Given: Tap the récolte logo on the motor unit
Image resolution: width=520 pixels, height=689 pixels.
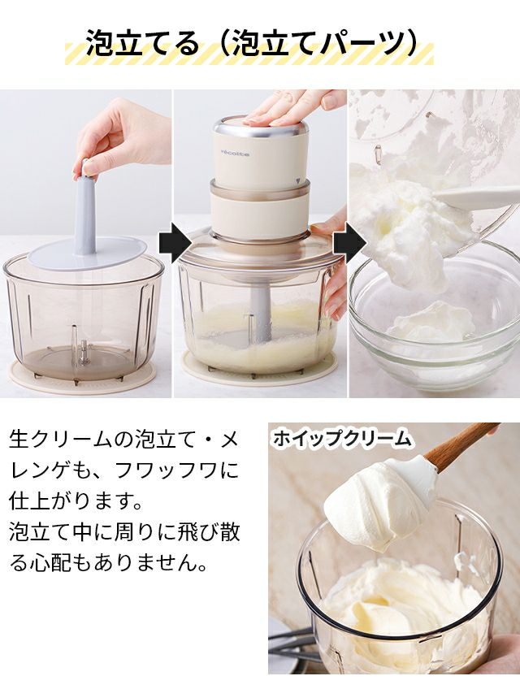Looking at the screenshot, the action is coord(235,153).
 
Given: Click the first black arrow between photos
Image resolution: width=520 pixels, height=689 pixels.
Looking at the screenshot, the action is coord(175,242).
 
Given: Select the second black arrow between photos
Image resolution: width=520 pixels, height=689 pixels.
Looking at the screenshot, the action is coord(349,242).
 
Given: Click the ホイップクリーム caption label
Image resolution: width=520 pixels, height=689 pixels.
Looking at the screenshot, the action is coord(341,438).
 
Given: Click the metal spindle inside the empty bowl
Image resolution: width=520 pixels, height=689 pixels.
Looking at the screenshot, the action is coord(82,350).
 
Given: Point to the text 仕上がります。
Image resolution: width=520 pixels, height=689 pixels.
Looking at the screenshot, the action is coord(76,501).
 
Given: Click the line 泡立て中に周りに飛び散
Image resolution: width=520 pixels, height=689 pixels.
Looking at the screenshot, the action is coord(124,532).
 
